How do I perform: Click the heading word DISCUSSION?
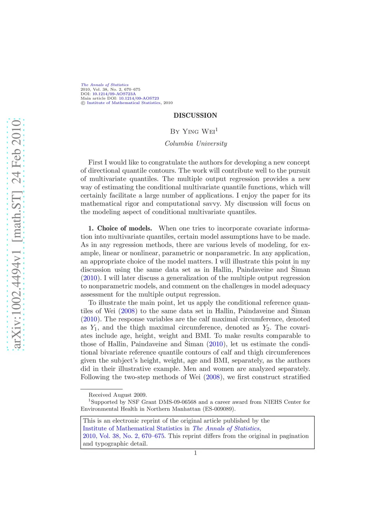195,116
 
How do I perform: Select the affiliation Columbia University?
196,143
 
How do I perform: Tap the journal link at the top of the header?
105,85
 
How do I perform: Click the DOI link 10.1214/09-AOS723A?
114,94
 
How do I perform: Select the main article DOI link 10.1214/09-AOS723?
139,98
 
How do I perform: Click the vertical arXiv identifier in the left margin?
16,234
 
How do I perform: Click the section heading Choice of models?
124,228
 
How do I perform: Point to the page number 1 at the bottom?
195,453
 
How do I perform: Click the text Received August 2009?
118,395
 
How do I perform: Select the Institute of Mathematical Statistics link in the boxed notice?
132,429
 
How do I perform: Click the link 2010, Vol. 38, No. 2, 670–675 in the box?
124,436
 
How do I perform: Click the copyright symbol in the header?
83,103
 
